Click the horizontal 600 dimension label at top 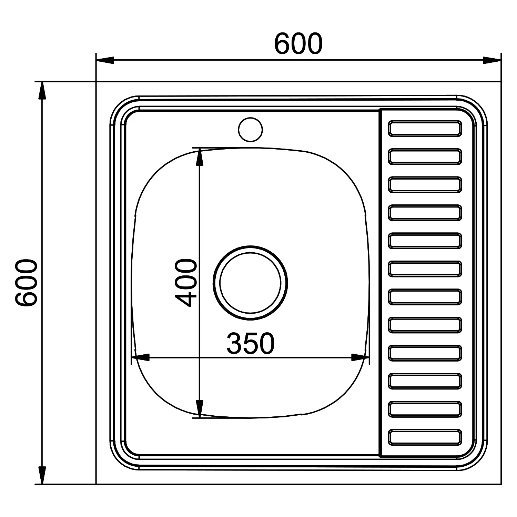click(298, 44)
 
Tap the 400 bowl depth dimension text click(186, 283)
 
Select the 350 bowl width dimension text click(251, 343)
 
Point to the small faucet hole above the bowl click(250, 129)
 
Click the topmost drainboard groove click(425, 128)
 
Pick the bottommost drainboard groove click(425, 437)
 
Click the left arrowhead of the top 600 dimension click(105, 60)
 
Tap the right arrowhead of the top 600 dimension click(492, 60)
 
